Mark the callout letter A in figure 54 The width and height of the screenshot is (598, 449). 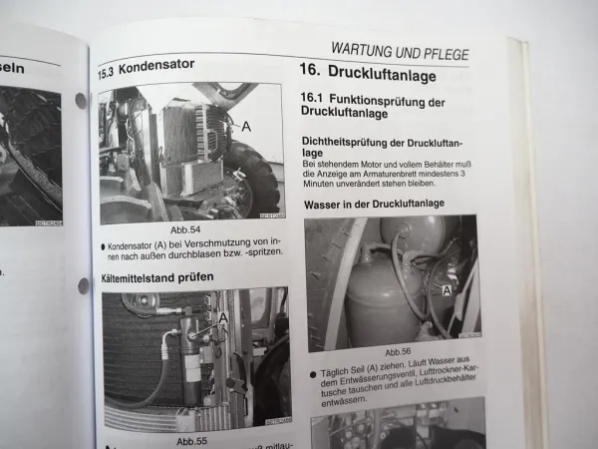[x=246, y=127]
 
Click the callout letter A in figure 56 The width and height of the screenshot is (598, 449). [x=447, y=289]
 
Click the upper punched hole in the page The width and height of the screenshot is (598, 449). [x=80, y=100]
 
